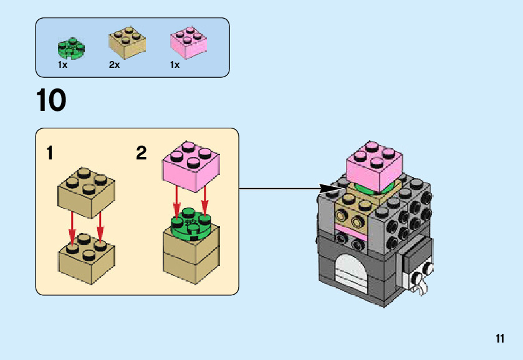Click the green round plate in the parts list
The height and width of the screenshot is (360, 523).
click(70, 47)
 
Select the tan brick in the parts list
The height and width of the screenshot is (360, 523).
click(127, 42)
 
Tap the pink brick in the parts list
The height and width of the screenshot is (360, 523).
click(189, 42)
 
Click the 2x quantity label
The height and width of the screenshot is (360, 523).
click(114, 65)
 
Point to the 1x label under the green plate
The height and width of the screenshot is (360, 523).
click(62, 65)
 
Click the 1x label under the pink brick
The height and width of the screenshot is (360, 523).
click(175, 65)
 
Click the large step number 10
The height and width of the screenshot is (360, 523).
click(51, 101)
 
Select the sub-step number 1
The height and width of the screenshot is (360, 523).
click(49, 153)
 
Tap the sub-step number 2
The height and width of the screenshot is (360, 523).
click(142, 153)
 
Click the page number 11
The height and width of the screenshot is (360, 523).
click(499, 339)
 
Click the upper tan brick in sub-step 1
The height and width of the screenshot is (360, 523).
click(86, 191)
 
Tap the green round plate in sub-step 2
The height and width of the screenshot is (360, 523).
click(192, 225)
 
